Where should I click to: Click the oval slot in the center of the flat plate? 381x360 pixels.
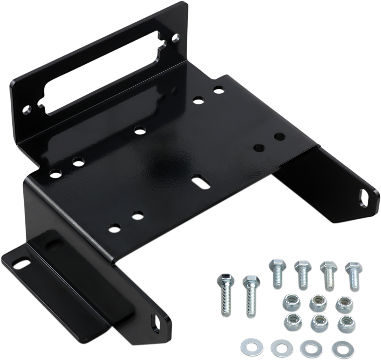pos(199,182)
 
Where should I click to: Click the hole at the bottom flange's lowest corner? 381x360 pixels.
pos(155,321)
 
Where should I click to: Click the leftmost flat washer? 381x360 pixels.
pos(248,346)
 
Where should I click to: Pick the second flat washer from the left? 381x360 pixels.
pos(279,347)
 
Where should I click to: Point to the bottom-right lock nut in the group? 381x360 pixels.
pos(345,324)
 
